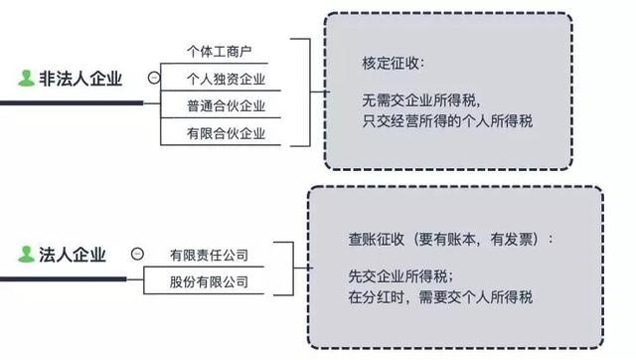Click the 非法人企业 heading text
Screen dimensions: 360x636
[x=84, y=80]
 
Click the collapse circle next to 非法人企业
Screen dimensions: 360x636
[x=152, y=79]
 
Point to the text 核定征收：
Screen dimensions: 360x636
[x=394, y=63]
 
